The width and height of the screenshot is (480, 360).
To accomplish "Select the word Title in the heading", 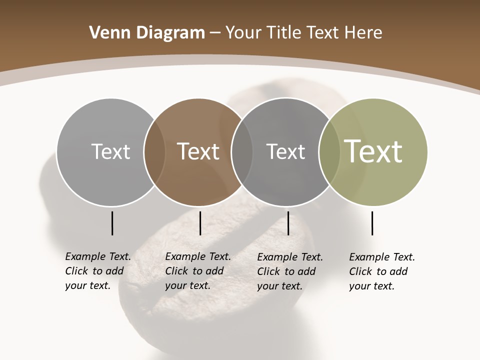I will tap(284, 33).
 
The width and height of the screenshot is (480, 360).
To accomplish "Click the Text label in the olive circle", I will tap(373, 151).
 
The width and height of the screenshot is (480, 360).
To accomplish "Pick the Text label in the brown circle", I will tap(198, 151).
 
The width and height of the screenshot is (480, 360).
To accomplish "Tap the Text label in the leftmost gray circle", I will tap(111, 151).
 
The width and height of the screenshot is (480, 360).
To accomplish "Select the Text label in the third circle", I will tap(285, 151).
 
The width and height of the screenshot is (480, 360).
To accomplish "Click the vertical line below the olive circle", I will tap(372, 223).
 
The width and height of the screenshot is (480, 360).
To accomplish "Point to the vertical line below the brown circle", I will tap(200, 223).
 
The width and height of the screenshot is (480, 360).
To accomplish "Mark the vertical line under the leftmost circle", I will tap(112, 223).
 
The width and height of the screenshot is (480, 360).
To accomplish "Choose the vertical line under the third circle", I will tap(288, 223).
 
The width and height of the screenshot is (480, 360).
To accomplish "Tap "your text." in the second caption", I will tap(187, 285).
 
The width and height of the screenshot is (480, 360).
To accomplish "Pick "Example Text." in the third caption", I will tap(290, 257).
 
